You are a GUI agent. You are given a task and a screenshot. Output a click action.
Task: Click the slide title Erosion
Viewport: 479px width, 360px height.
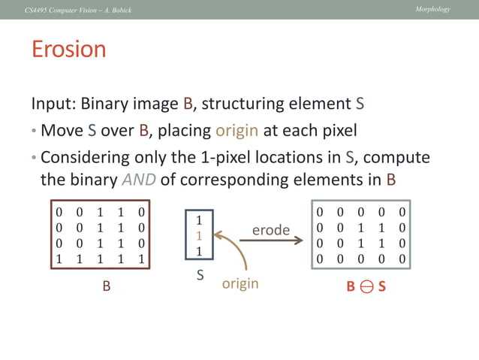(68, 50)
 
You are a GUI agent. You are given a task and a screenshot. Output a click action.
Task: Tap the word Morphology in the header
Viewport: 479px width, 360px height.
(432, 8)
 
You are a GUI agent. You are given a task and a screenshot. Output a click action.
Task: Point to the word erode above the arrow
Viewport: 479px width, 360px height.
(270, 230)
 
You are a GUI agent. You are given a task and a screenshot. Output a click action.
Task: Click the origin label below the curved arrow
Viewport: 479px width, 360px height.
(240, 283)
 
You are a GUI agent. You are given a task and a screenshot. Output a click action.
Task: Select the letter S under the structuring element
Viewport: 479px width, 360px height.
(200, 275)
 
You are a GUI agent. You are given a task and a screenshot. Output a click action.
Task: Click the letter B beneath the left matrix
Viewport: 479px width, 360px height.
(107, 286)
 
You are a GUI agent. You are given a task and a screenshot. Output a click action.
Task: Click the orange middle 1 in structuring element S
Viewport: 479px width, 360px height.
(199, 235)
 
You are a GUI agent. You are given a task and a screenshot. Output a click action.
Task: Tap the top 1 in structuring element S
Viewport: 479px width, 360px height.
(199, 221)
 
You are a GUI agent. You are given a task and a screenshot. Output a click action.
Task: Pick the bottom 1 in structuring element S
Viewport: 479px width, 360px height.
(199, 250)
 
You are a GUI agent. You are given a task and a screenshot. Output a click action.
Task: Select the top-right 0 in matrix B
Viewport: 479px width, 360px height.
(141, 212)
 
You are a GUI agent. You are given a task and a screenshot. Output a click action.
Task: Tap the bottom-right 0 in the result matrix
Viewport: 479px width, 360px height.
(402, 259)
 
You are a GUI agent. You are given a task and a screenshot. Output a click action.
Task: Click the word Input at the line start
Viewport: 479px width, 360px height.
(52, 103)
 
